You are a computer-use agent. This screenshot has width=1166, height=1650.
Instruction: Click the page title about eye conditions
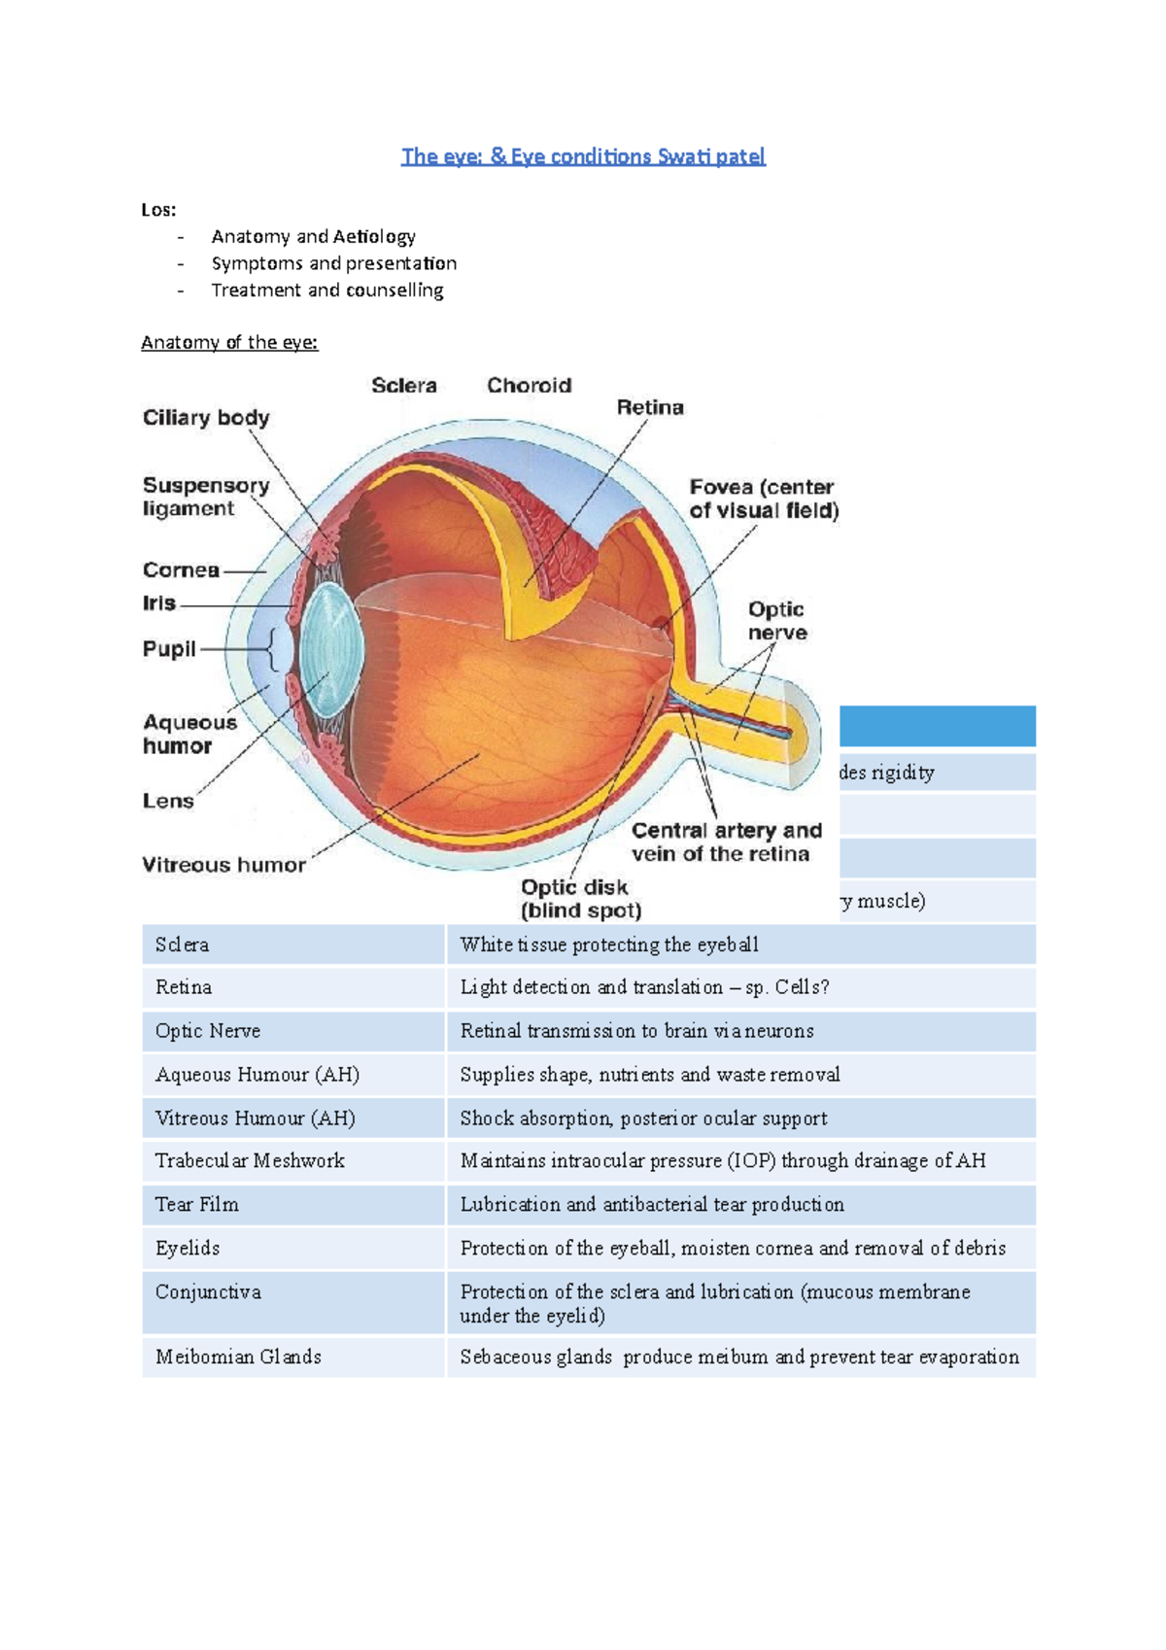coord(583,156)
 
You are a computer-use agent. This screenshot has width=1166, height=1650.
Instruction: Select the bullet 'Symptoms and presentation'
coord(333,263)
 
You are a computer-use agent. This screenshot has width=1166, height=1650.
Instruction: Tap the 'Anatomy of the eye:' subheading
coord(229,342)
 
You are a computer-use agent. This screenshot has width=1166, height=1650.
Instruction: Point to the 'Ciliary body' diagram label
coord(206,418)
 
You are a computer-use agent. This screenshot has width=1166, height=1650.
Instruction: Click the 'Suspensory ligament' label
coord(205,497)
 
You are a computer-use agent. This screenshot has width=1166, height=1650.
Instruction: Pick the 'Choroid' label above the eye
coord(529,386)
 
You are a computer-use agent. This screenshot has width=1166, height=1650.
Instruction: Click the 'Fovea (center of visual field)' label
coord(764,498)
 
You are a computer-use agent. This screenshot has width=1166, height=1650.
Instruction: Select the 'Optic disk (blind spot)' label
coord(580,899)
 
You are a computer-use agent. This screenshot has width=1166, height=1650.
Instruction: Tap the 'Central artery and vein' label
coord(726,842)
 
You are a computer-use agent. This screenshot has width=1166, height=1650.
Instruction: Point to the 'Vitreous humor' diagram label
coord(223,865)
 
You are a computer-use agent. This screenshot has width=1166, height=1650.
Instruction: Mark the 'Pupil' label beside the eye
coord(169,649)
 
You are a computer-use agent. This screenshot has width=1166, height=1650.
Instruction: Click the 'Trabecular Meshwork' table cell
coord(250,1160)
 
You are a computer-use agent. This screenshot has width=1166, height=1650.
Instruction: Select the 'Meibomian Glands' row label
coord(238,1357)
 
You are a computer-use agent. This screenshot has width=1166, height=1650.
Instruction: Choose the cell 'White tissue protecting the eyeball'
coord(609,945)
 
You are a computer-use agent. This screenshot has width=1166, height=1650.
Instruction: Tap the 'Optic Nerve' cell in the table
coord(208,1031)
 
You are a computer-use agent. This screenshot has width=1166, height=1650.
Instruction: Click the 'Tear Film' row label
coord(197,1204)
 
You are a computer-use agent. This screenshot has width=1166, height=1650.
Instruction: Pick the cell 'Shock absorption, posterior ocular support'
coord(643,1118)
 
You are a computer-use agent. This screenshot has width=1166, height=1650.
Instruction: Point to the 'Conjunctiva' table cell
coord(208,1291)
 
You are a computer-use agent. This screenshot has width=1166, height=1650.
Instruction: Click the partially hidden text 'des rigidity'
coord(887,773)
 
